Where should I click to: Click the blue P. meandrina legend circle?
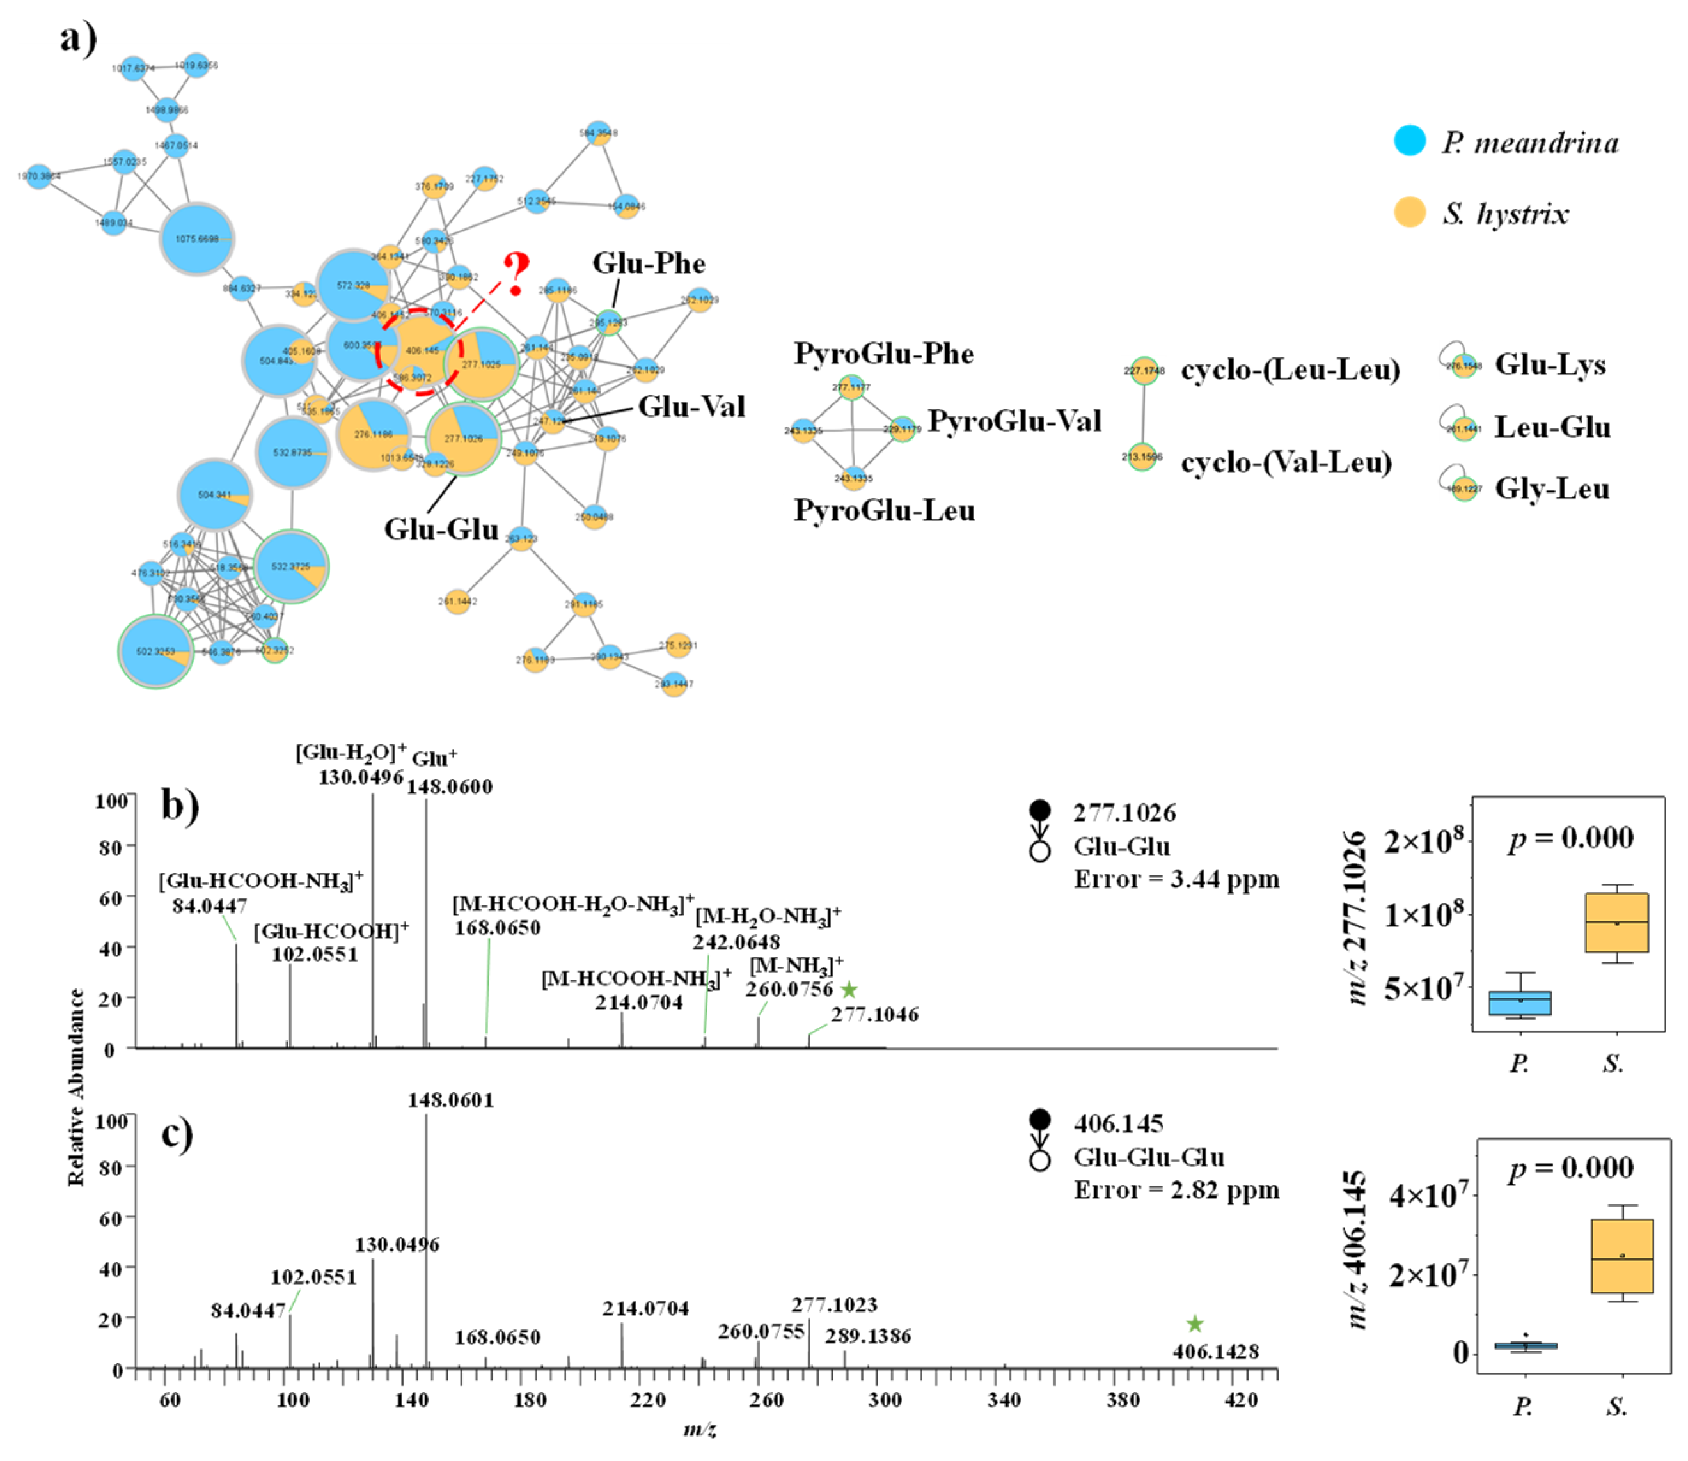click(x=1409, y=140)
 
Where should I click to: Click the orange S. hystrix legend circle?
click(x=1409, y=212)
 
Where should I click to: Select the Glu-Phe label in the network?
click(x=649, y=263)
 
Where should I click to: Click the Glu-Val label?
click(x=691, y=406)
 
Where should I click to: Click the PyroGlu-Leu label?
click(x=884, y=511)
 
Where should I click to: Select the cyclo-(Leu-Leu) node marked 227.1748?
click(x=1144, y=371)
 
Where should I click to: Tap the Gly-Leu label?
click(x=1551, y=489)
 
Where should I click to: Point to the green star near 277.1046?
click(x=849, y=990)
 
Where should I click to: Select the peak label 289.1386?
click(x=867, y=1336)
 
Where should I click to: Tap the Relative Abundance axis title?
click(x=77, y=1088)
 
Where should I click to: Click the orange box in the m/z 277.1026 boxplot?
click(x=1616, y=922)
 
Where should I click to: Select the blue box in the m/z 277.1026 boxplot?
click(x=1519, y=1003)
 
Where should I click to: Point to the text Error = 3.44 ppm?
click(x=1176, y=880)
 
